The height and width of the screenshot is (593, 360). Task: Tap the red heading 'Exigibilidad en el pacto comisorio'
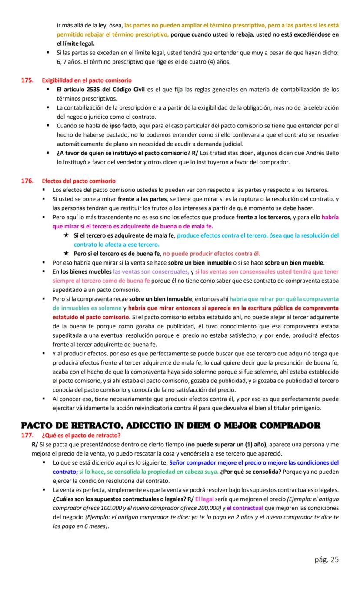87,80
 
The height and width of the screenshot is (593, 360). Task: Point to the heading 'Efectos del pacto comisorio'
79,181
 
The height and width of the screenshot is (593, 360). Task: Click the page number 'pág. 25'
327,559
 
